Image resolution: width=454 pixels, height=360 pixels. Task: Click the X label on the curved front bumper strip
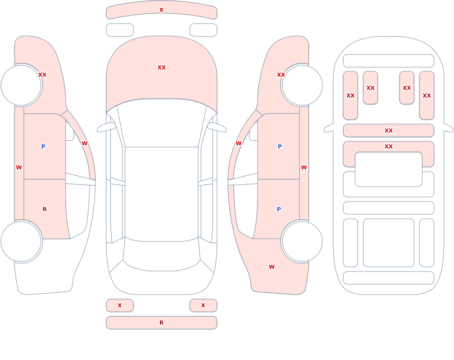point(161,10)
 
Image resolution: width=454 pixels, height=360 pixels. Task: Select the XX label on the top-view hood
point(162,68)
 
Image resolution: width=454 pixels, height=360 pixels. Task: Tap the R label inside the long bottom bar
point(161,323)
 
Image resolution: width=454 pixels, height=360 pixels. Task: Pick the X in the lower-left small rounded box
point(119,305)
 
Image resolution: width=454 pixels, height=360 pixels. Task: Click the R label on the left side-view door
point(44,209)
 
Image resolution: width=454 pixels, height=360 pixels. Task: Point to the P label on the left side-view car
point(43,146)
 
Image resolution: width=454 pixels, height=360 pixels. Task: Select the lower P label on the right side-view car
point(279,209)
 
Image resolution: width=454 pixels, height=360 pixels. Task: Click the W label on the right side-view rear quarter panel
point(271,267)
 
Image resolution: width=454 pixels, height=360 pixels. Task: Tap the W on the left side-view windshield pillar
point(84,143)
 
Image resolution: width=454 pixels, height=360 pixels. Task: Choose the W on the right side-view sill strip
point(304,168)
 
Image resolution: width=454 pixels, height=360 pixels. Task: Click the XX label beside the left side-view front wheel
point(42,75)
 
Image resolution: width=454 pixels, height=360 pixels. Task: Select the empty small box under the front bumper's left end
point(120,30)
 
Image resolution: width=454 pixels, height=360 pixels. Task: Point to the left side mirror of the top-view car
point(107,128)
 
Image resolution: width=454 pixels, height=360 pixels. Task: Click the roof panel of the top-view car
point(162,194)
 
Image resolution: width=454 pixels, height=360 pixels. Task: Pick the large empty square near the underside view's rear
point(389,243)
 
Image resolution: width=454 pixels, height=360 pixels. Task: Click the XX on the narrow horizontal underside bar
point(389,131)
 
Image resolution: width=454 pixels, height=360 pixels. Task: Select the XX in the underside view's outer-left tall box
point(350,96)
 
